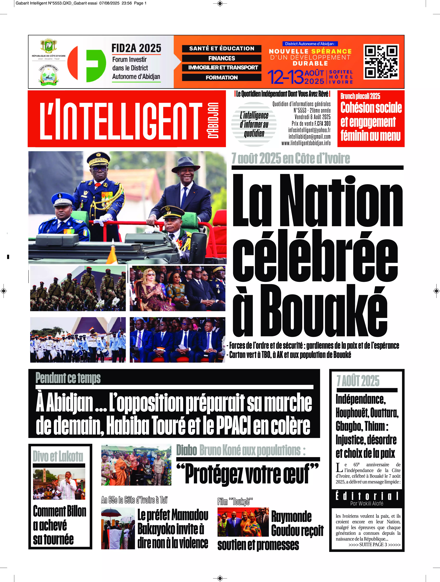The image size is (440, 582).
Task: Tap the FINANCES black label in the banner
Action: coord(222,58)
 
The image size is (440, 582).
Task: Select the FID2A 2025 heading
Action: coord(136,48)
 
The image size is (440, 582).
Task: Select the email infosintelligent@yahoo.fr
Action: coord(309,130)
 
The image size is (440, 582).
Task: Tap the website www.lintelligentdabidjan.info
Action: coord(306,143)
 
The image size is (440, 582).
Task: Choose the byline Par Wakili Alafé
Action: coord(367,503)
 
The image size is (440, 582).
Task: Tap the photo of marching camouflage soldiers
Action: coord(78,288)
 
